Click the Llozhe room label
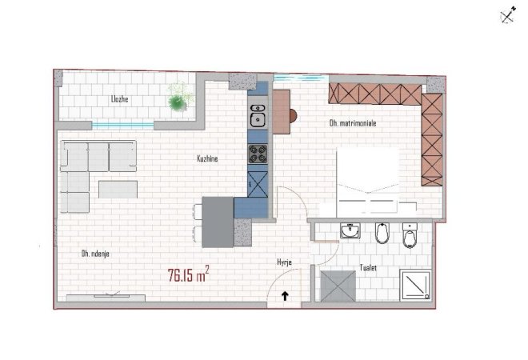coord(121,99)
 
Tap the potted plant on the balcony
coord(177,99)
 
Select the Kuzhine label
coord(207,159)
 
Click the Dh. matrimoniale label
coord(353,124)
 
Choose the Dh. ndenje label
coord(95,254)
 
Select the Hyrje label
coord(283,262)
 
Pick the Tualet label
coord(369,269)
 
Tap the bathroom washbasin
coord(350,232)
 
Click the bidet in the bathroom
coord(382,234)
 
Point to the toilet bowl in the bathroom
coord(410,237)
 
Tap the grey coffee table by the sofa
coord(117,189)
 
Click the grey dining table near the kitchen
coord(217,222)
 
